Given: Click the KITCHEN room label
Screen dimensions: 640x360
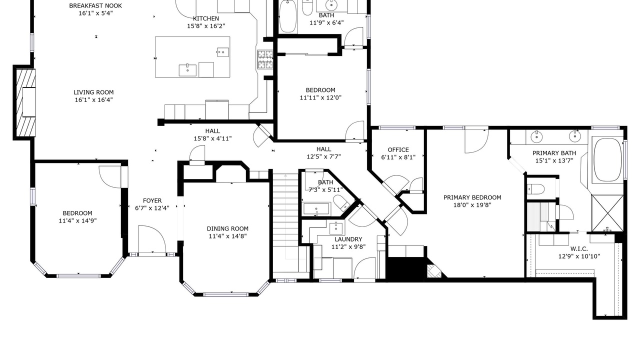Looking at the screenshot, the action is coord(205,18).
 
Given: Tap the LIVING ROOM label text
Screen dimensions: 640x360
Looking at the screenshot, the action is coord(93,92).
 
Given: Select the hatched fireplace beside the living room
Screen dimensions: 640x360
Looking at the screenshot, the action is coord(25,102).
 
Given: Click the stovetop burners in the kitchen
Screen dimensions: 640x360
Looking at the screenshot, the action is coord(265,59).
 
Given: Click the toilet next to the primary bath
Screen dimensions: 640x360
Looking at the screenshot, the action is coord(536,189).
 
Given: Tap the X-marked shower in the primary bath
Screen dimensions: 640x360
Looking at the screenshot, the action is coord(607,213).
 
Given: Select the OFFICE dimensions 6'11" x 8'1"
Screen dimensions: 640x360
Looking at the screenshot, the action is coord(398,157).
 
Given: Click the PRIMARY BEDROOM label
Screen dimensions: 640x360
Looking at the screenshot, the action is coord(472,197).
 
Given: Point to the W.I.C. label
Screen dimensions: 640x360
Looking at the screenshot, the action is coord(579,249).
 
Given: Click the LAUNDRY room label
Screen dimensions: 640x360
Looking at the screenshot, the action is coord(348,239).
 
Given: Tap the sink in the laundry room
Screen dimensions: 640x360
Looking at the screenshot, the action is coord(336,227).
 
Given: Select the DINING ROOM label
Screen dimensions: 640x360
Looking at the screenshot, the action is coord(227,228).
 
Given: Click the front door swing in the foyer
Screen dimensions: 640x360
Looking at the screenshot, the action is coord(152,239).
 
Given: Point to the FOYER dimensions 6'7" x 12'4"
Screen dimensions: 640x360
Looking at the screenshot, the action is coord(152,208).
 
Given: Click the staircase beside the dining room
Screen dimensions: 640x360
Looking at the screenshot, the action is coord(285,223).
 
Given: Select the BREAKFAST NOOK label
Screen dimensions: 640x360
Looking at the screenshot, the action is coord(95,5).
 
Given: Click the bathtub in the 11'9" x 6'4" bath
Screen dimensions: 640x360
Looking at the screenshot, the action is coord(287,16).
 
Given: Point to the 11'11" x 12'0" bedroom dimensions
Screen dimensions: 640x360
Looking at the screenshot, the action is coord(320,97).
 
